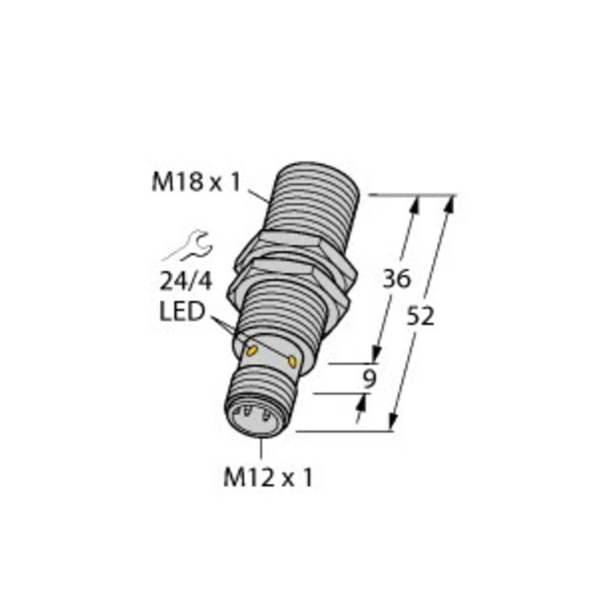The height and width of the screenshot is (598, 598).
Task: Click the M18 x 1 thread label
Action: point(196,182)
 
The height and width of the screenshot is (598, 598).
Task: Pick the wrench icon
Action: point(187,247)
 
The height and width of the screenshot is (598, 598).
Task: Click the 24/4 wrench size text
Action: point(185,280)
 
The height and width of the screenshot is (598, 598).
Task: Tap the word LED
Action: point(182,312)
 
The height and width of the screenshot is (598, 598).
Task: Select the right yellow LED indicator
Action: point(292,361)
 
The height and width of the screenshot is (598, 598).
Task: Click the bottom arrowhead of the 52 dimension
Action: point(393,422)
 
